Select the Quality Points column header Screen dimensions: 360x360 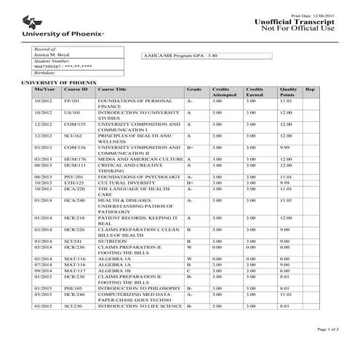[x=288, y=92]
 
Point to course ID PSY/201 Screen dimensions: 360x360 [x=73, y=176]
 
